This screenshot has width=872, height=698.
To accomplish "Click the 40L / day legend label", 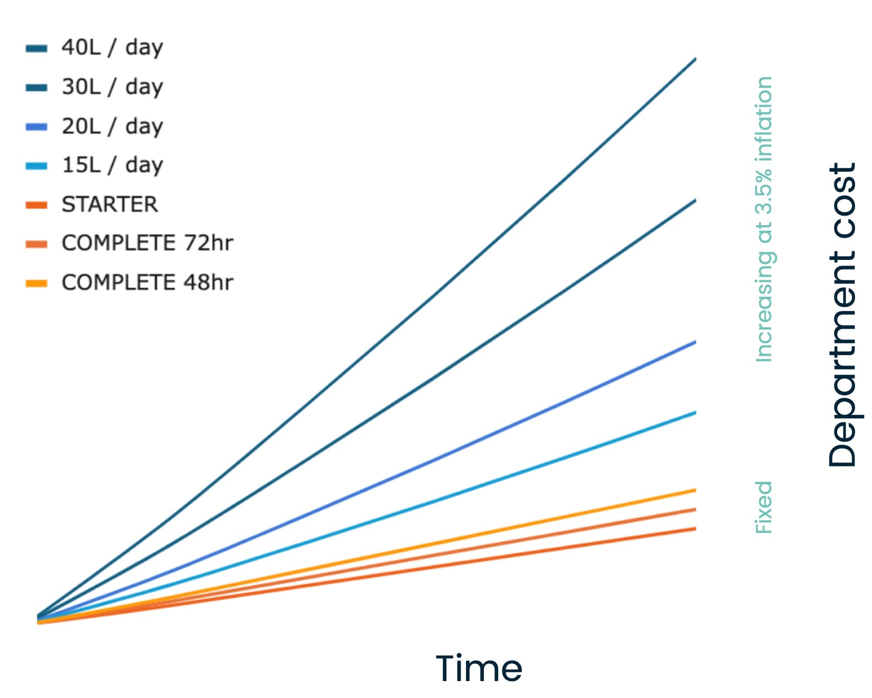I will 112,47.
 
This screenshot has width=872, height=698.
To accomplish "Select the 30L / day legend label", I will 112,87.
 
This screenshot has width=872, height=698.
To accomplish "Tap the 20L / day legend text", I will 112,126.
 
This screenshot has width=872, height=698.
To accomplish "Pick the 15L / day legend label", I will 112,165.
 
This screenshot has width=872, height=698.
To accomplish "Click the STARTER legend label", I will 110,205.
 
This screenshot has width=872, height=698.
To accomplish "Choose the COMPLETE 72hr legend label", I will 147,243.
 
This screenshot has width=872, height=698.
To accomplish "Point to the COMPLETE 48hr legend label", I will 147,283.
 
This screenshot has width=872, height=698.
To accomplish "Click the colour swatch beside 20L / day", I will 37,127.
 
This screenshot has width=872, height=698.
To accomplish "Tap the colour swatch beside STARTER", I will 37,205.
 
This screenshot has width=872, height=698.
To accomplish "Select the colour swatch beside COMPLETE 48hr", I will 37,283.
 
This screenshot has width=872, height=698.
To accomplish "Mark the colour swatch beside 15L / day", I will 37,166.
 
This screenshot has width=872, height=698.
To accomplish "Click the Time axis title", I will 479,668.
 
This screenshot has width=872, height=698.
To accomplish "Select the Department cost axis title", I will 842,315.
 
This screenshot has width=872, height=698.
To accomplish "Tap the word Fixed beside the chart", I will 763,507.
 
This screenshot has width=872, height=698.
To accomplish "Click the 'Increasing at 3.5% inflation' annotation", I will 764,219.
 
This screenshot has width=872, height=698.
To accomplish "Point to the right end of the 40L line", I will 695,59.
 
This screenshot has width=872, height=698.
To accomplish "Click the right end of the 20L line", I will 695,342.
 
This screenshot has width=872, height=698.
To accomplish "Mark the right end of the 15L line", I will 695,413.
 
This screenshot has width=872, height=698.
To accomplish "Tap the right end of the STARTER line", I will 695,529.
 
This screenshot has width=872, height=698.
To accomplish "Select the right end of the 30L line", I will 695,201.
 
